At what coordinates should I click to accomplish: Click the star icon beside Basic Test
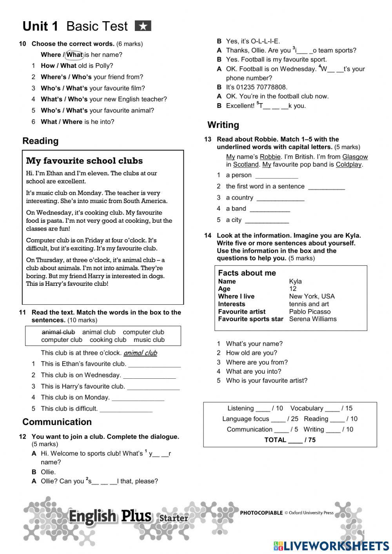click(143, 26)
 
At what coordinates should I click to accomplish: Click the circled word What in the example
click(74, 54)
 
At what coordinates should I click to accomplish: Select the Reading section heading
click(40, 141)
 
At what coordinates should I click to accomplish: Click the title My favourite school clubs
click(84, 161)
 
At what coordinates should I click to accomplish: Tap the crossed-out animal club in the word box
click(58, 332)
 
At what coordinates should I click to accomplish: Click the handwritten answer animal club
click(140, 353)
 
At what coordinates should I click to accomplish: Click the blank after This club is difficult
click(126, 409)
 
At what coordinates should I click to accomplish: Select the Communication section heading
click(57, 422)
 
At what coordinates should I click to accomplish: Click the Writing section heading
click(223, 125)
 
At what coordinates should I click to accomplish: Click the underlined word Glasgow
click(355, 157)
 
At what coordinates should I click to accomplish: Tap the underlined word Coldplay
click(348, 165)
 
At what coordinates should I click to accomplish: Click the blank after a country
click(280, 198)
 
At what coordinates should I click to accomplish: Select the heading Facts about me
click(247, 273)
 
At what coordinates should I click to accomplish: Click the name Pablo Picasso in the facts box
click(310, 312)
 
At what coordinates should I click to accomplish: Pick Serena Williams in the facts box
click(312, 319)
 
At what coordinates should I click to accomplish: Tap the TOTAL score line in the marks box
click(290, 440)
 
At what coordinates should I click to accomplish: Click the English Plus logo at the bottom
click(110, 517)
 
